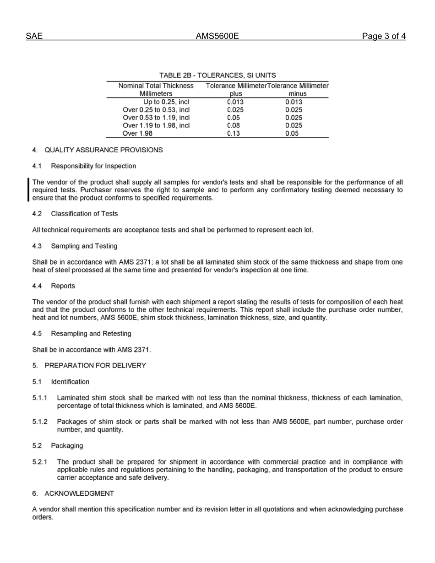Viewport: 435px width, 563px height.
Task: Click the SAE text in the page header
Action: [34, 37]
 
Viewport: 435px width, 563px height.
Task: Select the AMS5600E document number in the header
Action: [217, 37]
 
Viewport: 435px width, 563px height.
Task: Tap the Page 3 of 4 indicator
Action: [384, 37]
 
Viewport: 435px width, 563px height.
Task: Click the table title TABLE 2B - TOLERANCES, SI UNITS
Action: [217, 75]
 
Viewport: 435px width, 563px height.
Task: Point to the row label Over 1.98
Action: [138, 134]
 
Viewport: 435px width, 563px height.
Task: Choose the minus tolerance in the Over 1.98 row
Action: [291, 134]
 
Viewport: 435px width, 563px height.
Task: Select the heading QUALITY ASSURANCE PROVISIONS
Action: [103, 150]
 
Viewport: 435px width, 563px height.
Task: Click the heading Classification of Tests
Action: [84, 214]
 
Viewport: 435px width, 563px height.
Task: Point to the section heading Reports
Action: [63, 286]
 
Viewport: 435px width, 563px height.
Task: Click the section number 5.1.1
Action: [40, 398]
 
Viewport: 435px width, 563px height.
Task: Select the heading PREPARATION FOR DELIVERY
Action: [95, 365]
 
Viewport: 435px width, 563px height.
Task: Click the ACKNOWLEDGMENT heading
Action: [79, 493]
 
